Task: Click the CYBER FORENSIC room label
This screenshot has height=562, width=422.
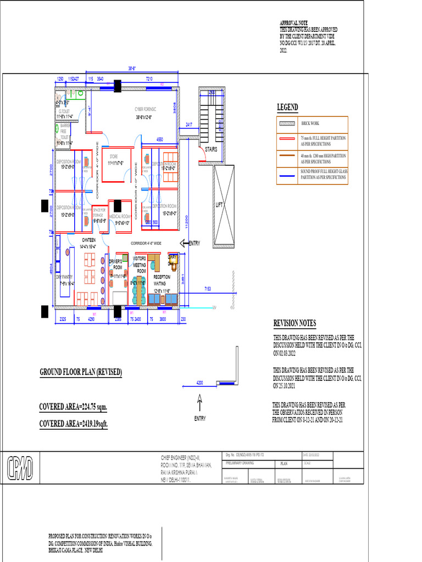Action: coord(143,109)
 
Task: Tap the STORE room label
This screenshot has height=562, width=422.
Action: coord(114,157)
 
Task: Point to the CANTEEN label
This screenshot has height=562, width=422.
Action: coord(88,240)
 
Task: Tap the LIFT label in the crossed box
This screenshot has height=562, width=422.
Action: coord(220,205)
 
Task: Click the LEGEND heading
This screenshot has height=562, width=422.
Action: coord(287,107)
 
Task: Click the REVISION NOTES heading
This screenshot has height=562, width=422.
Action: coord(295,323)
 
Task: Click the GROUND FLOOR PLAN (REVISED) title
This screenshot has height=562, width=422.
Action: coord(80,373)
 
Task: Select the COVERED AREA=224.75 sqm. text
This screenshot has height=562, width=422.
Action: coord(73,407)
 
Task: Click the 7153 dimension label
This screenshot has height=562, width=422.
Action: coord(208,288)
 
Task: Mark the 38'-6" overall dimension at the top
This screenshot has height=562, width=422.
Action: coord(132,69)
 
